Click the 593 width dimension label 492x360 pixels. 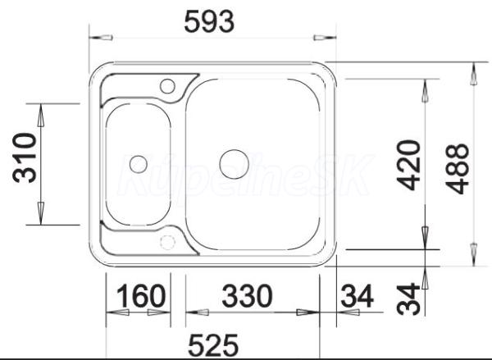[x=209, y=21]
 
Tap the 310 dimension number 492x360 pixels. [x=25, y=158]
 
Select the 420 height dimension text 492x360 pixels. [x=408, y=166]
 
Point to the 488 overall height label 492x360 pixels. [x=458, y=169]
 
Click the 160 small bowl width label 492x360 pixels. [x=140, y=295]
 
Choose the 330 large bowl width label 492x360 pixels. [x=248, y=295]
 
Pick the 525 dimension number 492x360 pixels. [x=213, y=345]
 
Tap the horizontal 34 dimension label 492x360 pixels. [x=357, y=295]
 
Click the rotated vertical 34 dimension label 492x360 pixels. [x=408, y=298]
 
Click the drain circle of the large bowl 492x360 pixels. [x=234, y=165]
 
